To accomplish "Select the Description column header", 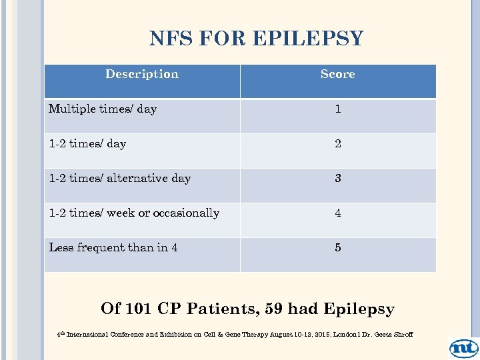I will click(142, 74).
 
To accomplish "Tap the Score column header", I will click(337, 74).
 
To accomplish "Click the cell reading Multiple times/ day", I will click(103, 109).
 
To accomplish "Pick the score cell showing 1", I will click(338, 109).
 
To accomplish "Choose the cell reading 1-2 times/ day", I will click(87, 143).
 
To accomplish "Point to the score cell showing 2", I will click(338, 143).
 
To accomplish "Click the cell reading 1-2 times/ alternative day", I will click(120, 178).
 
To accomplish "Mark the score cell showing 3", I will click(338, 178).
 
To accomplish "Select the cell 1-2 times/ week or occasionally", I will click(134, 213).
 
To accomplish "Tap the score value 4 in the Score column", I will click(338, 213).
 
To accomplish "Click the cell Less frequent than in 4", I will click(113, 247).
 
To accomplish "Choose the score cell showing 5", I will click(338, 247).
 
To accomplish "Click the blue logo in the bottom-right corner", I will click(463, 347).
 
